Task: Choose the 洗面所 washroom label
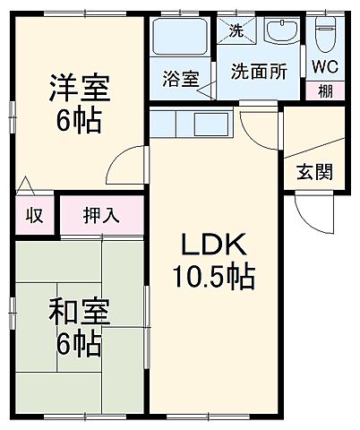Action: pyautogui.click(x=259, y=72)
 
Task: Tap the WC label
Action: pyautogui.click(x=323, y=66)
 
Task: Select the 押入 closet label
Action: pyautogui.click(x=101, y=215)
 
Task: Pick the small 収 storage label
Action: pyautogui.click(x=34, y=215)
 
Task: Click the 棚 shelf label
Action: pyautogui.click(x=323, y=90)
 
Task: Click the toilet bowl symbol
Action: pyautogui.click(x=323, y=36)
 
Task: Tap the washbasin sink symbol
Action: pyautogui.click(x=284, y=32)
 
